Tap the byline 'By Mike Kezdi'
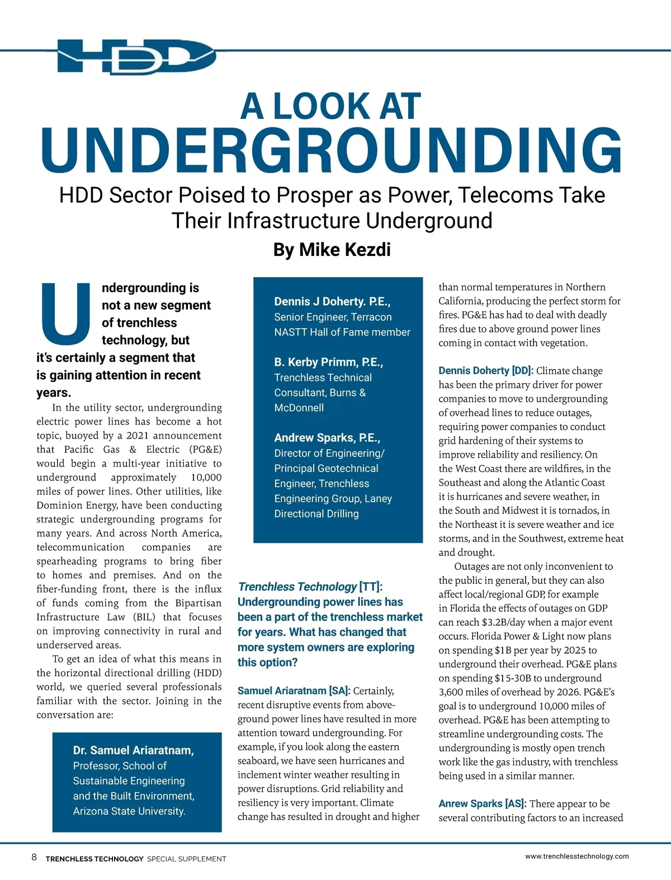click(x=332, y=249)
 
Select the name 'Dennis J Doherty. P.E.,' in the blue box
click(x=332, y=302)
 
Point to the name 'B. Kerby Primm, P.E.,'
click(x=328, y=362)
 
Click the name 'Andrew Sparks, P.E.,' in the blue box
click(x=327, y=437)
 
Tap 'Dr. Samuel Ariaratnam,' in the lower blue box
click(x=134, y=750)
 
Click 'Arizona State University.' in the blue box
click(x=129, y=811)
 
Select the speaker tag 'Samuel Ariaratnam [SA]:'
click(x=294, y=691)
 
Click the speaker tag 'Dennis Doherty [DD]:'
click(x=486, y=370)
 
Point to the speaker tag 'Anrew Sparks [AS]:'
click(x=482, y=803)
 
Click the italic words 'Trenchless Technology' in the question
click(x=297, y=587)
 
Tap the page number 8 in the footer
click(x=34, y=857)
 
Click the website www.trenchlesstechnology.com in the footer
click(x=577, y=856)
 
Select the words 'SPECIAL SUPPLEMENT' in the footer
click(x=186, y=859)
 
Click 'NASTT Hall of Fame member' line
click(x=342, y=332)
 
